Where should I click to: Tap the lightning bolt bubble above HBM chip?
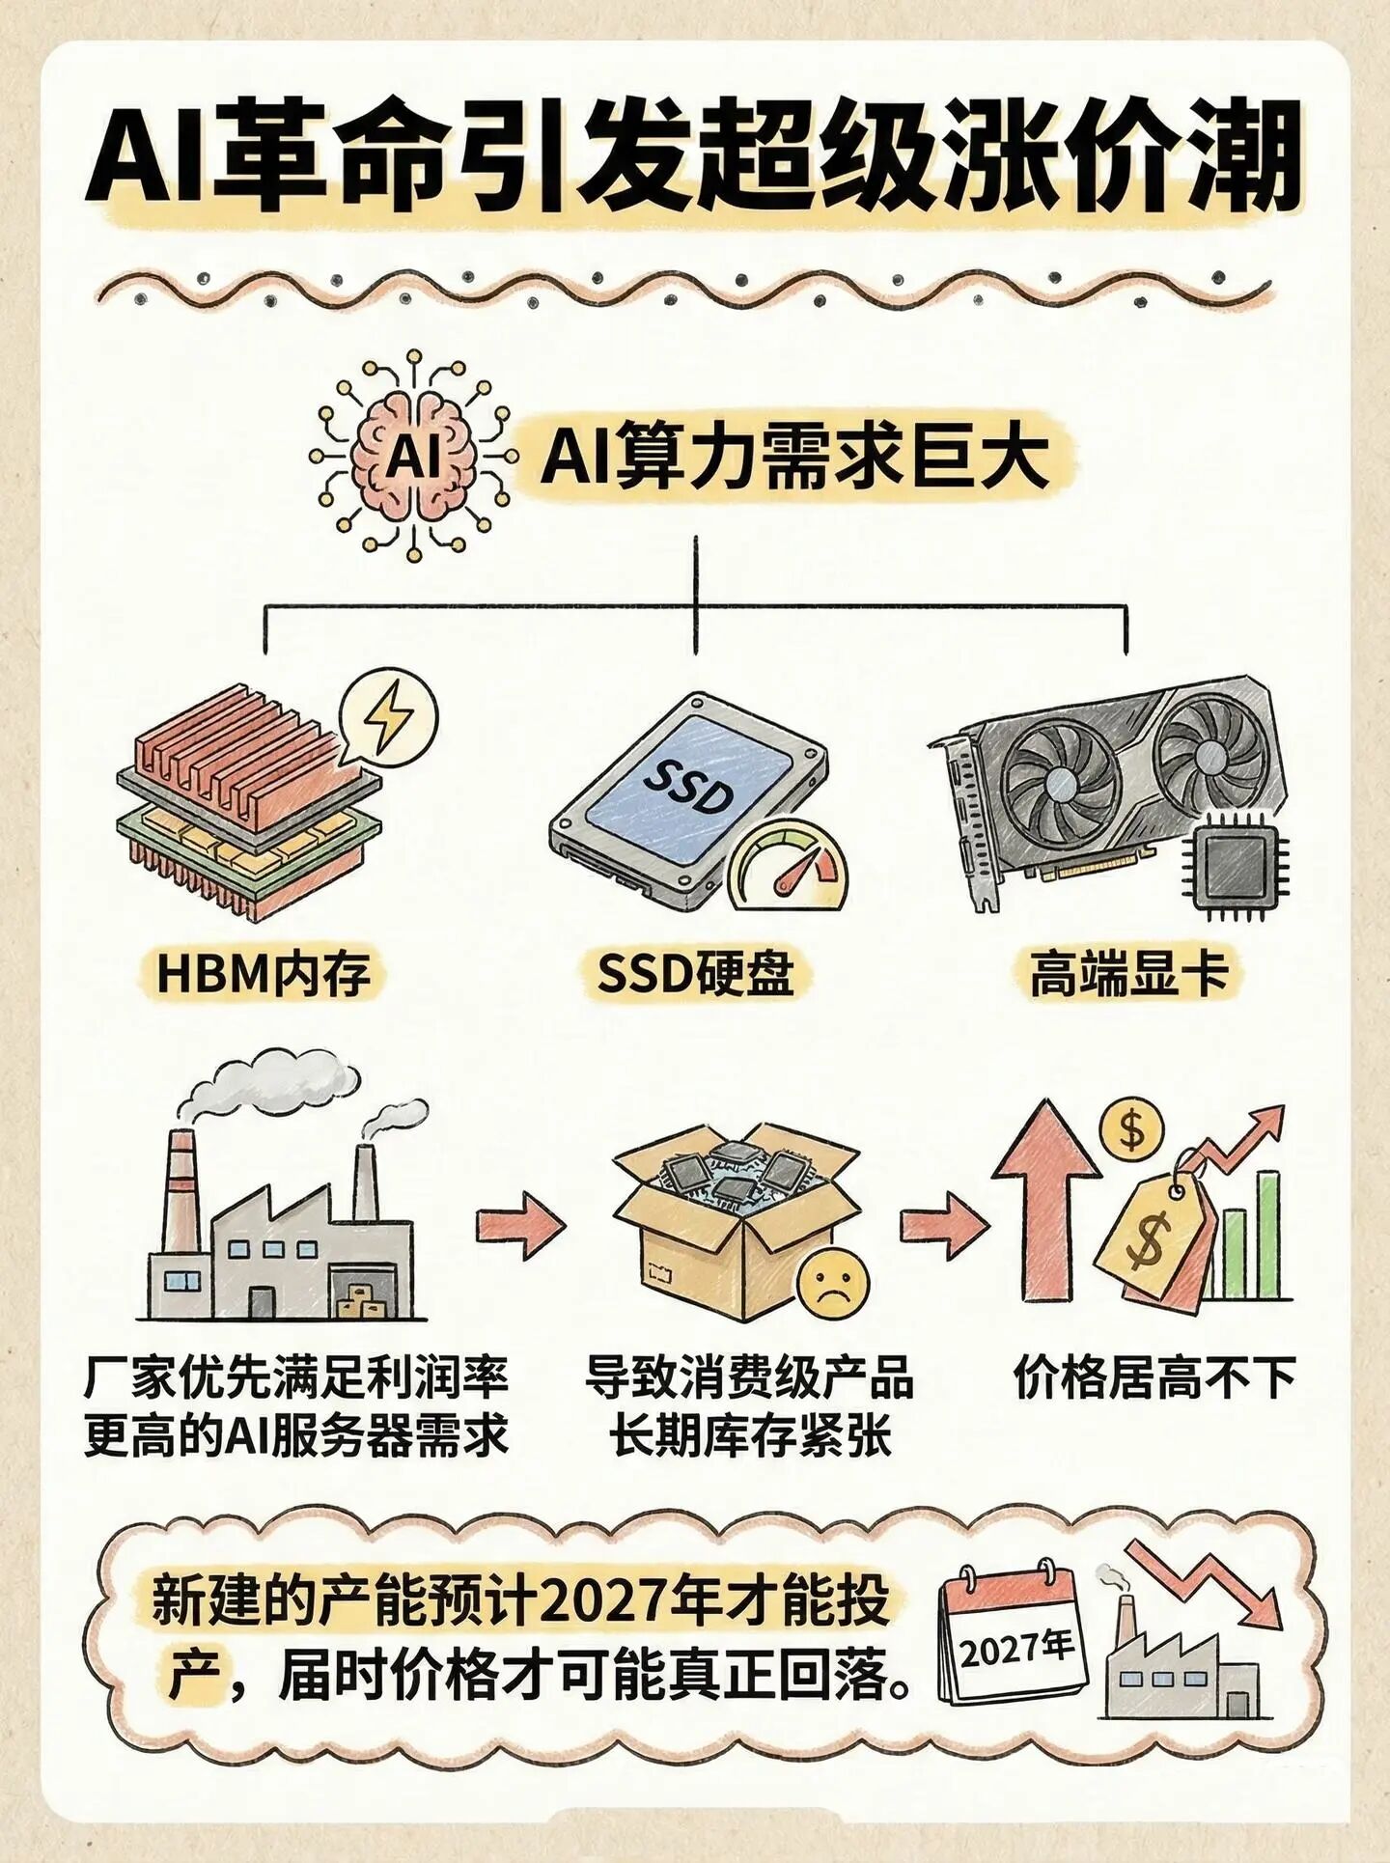pyautogui.click(x=389, y=718)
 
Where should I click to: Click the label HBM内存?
pyautogui.click(x=264, y=973)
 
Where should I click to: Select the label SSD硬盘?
pyautogui.click(x=695, y=973)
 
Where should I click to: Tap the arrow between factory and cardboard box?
pyautogui.click(x=520, y=1225)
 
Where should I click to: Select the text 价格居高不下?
pyautogui.click(x=1154, y=1377)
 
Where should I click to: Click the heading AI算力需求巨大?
pyautogui.click(x=793, y=458)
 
